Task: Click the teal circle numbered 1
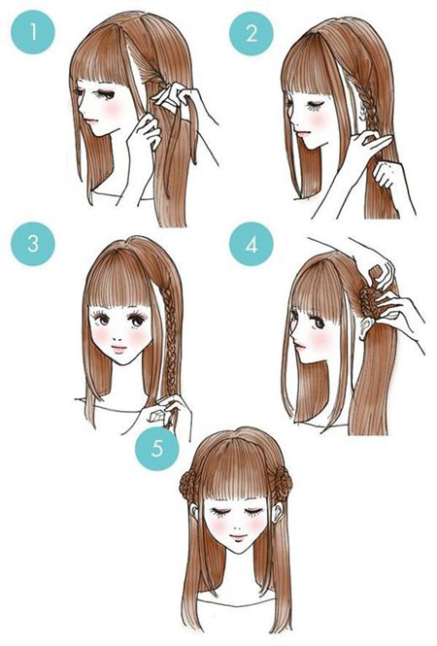pos(33,32)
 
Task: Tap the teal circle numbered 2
pos(252,33)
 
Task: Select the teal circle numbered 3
pos(33,244)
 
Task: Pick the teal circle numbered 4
pos(252,244)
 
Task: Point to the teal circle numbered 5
pos(157,448)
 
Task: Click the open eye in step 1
pos(104,94)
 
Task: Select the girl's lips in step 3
pos(119,350)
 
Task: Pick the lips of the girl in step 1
pos(94,122)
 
